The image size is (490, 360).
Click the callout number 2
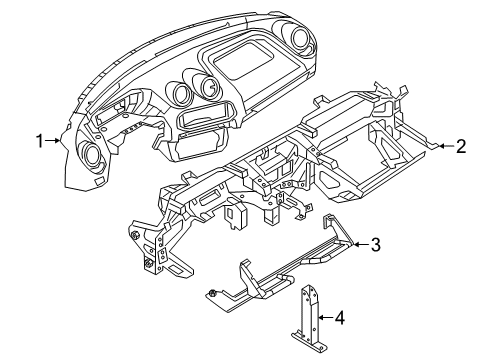click(x=460, y=146)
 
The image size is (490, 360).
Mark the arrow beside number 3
click(x=358, y=243)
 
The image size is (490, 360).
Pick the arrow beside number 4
click(x=323, y=318)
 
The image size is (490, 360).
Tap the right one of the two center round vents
click(x=209, y=88)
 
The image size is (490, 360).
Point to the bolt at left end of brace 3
click(x=213, y=293)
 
